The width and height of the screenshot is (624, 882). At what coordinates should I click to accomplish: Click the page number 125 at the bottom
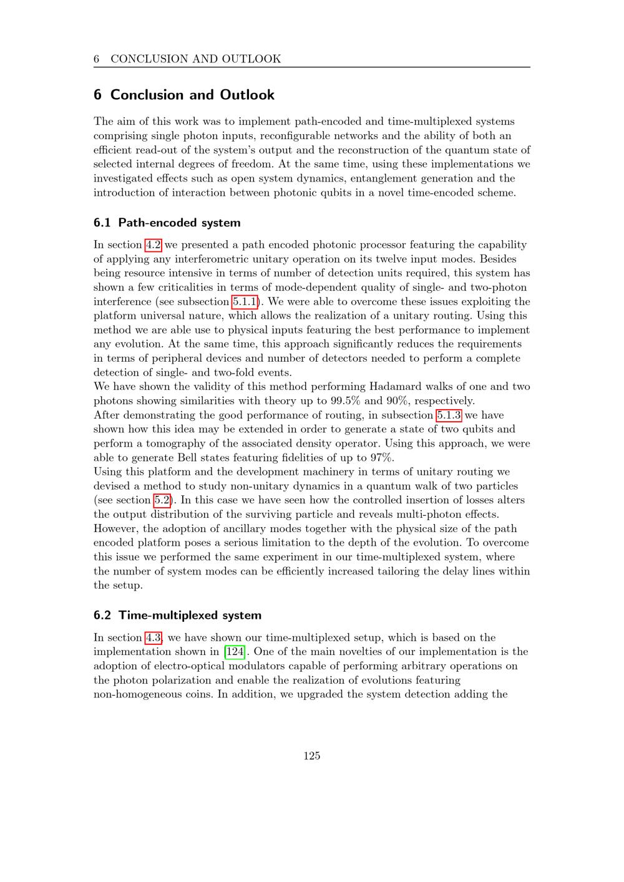(x=311, y=756)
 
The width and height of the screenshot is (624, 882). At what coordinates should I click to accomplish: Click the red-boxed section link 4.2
(x=153, y=245)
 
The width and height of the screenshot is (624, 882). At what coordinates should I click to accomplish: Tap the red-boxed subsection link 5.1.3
(x=449, y=415)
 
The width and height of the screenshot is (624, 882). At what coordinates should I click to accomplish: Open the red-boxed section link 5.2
(x=162, y=500)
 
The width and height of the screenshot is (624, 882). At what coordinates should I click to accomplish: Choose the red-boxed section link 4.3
(x=153, y=637)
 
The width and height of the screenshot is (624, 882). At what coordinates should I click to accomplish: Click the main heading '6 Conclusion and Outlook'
(x=184, y=95)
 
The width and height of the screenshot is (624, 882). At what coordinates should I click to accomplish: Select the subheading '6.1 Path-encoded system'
(x=167, y=223)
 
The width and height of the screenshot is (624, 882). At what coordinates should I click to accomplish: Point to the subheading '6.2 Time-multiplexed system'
(x=177, y=616)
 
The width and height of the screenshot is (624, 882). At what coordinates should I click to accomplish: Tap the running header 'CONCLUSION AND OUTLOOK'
(x=195, y=59)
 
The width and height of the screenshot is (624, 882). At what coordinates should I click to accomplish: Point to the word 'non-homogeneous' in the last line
(x=138, y=694)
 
